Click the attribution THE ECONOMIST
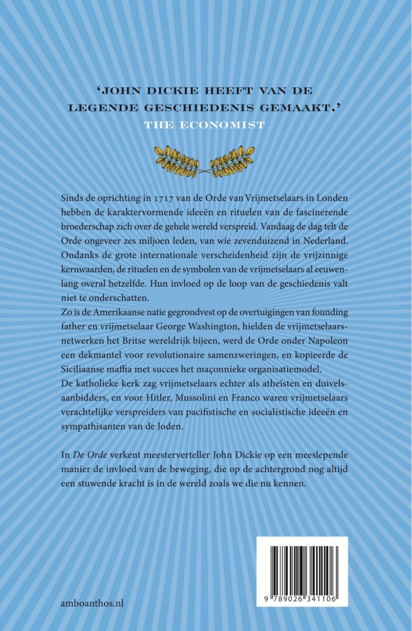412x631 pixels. click(x=205, y=125)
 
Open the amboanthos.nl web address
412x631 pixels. click(x=92, y=603)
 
